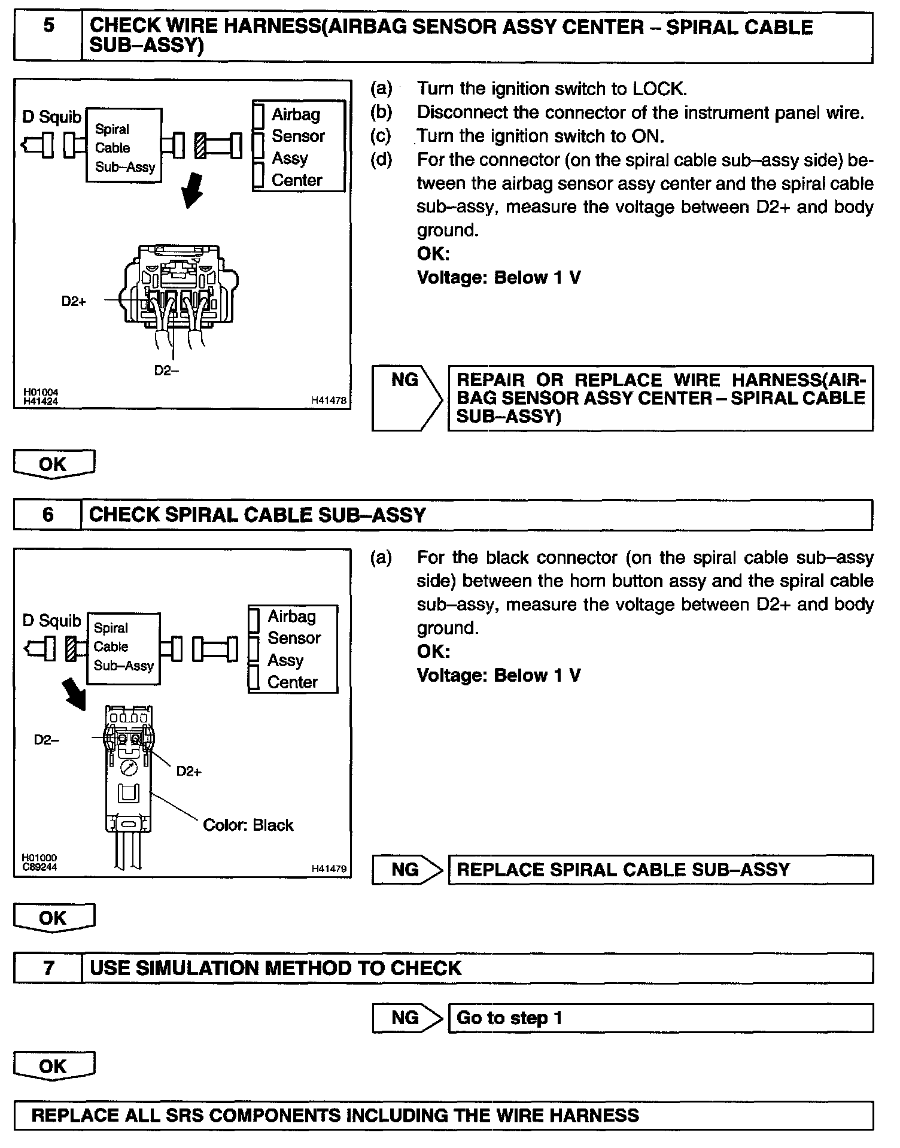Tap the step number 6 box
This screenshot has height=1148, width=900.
click(x=48, y=515)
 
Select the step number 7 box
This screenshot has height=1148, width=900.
click(x=48, y=968)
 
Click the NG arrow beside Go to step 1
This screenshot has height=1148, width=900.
click(x=407, y=1018)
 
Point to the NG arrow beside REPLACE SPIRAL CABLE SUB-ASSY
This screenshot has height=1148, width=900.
click(x=407, y=870)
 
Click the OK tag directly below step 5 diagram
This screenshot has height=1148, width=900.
click(x=54, y=464)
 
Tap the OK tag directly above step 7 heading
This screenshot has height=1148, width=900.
click(x=54, y=918)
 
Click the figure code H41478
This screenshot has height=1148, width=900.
click(x=329, y=401)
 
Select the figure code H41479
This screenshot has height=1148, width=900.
click(x=329, y=869)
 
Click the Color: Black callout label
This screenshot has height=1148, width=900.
click(x=248, y=825)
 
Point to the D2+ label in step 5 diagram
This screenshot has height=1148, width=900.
click(x=74, y=301)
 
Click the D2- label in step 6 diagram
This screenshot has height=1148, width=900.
click(x=46, y=740)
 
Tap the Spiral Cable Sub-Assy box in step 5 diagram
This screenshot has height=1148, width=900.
click(x=124, y=147)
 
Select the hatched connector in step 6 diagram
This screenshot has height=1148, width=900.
click(x=71, y=648)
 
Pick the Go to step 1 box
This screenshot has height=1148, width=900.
click(x=660, y=1018)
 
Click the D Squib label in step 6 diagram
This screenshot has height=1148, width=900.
click(x=51, y=621)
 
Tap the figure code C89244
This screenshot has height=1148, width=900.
click(x=39, y=867)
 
